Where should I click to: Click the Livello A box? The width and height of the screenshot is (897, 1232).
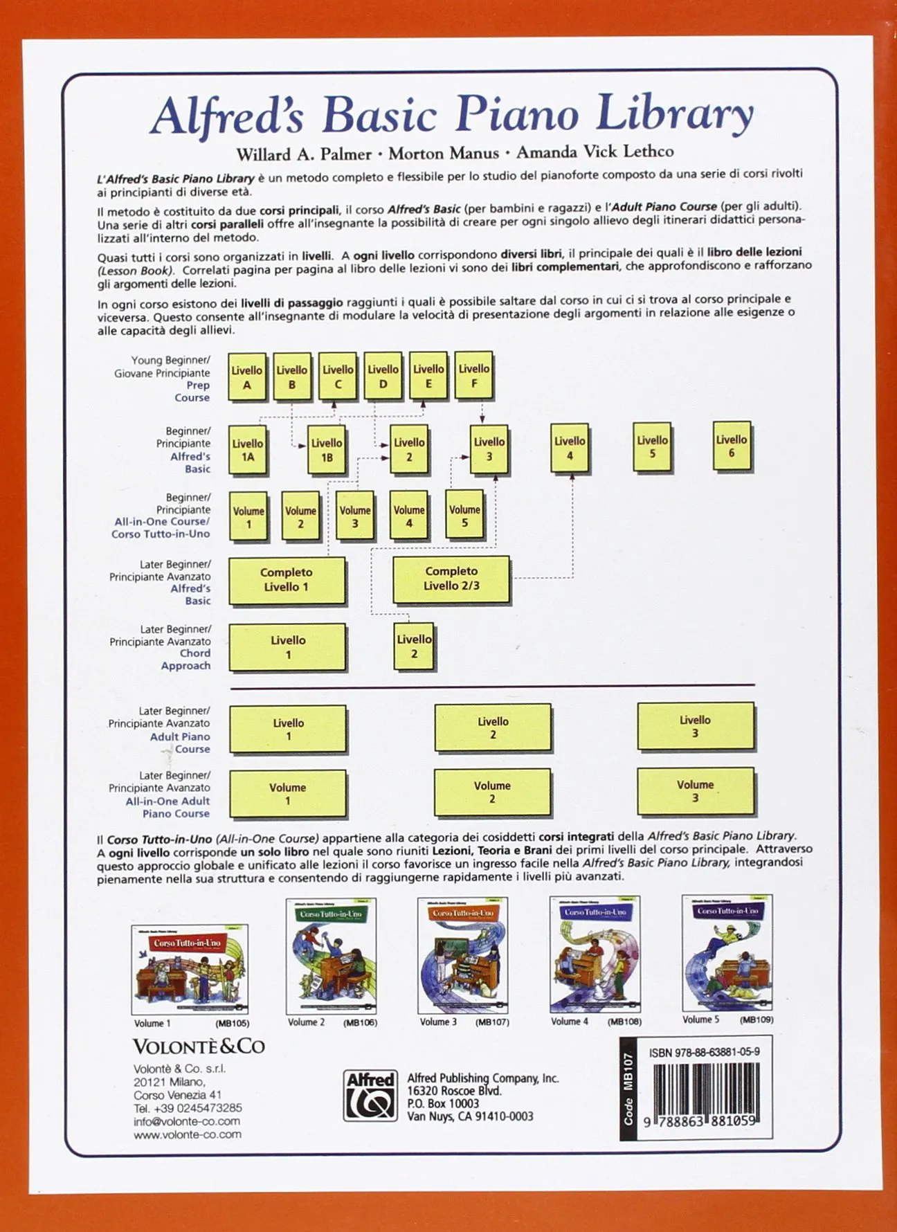pos(247,377)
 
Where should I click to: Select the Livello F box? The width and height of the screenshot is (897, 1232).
pos(474,375)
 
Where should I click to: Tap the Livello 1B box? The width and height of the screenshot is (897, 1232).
pos(326,450)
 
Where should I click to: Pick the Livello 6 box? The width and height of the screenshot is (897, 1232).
pos(732,446)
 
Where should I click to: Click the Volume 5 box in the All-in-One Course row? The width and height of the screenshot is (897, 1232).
pos(464,516)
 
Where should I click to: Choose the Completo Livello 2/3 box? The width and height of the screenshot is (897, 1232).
pos(451,579)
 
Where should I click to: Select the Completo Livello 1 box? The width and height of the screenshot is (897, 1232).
pos(287,580)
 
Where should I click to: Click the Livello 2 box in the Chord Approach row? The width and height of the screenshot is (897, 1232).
pos(414,646)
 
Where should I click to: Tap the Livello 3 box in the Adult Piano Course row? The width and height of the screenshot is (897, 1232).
pos(695,727)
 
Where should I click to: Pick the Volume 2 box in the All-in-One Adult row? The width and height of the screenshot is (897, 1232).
pos(492,792)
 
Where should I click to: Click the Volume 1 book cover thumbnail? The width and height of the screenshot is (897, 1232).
pos(190,968)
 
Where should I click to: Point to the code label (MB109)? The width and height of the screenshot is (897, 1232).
pos(756,1020)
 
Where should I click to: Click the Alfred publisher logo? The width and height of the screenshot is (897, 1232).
pos(371,1095)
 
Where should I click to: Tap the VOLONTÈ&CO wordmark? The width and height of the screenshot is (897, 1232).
pos(199,1046)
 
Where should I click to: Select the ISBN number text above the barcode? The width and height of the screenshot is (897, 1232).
pos(704,1052)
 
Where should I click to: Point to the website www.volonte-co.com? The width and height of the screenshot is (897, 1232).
pos(188,1134)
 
